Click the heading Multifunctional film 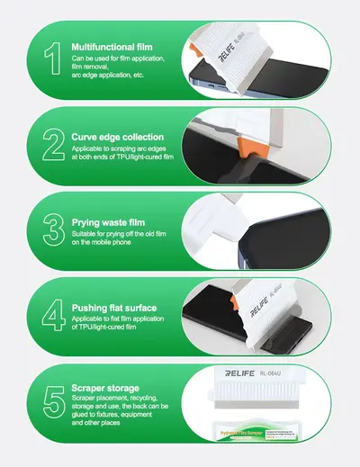point(112,45)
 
